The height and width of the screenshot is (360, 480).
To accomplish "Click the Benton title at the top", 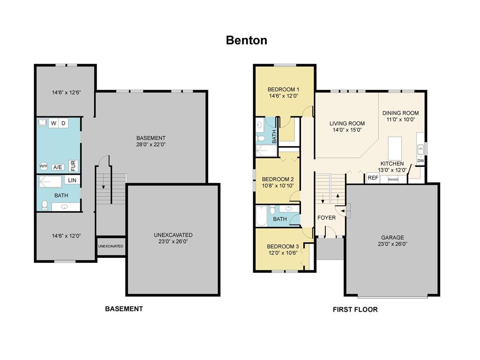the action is (247, 40).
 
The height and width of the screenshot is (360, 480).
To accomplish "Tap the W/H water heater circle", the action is (44, 166).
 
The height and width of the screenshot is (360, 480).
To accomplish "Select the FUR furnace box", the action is (73, 165).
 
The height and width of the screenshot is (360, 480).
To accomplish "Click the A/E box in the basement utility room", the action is (58, 167).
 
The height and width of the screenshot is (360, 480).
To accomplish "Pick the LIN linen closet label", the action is (72, 180).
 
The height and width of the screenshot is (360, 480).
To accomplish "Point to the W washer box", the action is (53, 123).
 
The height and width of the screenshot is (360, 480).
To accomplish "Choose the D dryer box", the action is (63, 123).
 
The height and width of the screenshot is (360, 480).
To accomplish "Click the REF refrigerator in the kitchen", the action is (373, 178).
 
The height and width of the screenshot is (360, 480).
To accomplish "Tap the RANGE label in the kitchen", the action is (393, 180).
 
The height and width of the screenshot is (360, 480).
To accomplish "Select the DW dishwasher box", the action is (420, 161).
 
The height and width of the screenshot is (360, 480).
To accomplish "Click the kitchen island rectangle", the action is (395, 148).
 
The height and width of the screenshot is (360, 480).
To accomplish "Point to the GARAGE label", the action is (392, 237).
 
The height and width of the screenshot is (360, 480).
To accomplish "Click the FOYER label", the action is (326, 217).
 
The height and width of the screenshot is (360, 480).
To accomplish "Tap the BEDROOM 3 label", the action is (283, 247).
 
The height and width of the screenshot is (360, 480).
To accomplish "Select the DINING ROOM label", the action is (400, 113).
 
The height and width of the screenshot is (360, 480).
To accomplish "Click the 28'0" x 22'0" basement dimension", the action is (151, 144).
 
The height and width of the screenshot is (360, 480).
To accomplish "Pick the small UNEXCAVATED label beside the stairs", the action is (111, 246).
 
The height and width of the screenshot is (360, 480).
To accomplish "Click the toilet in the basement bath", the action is (45, 204).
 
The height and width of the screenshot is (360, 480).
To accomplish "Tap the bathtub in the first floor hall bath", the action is (262, 216).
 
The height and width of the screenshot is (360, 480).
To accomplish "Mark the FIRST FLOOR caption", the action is (355, 309).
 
